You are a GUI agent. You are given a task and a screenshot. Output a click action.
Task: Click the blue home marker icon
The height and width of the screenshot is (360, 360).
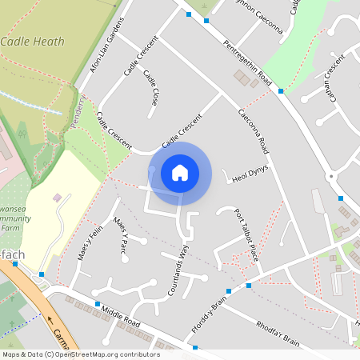coord(180,173)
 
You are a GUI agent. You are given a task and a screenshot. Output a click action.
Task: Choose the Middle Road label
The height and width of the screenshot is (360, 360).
coord(121,316)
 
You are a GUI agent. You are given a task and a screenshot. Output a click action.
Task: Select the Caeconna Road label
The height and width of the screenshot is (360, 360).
coord(254,132)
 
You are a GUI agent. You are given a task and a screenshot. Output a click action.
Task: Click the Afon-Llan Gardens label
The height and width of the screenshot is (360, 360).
coord(107,46)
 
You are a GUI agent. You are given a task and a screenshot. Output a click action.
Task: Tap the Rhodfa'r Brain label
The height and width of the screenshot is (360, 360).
coord(279,333)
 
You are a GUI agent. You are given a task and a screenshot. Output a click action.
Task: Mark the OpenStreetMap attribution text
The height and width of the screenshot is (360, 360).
coord(80,354)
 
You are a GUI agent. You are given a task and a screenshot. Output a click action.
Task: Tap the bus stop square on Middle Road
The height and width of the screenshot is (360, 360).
coord(98,305)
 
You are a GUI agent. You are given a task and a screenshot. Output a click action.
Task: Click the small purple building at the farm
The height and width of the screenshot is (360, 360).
coord(56,197)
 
